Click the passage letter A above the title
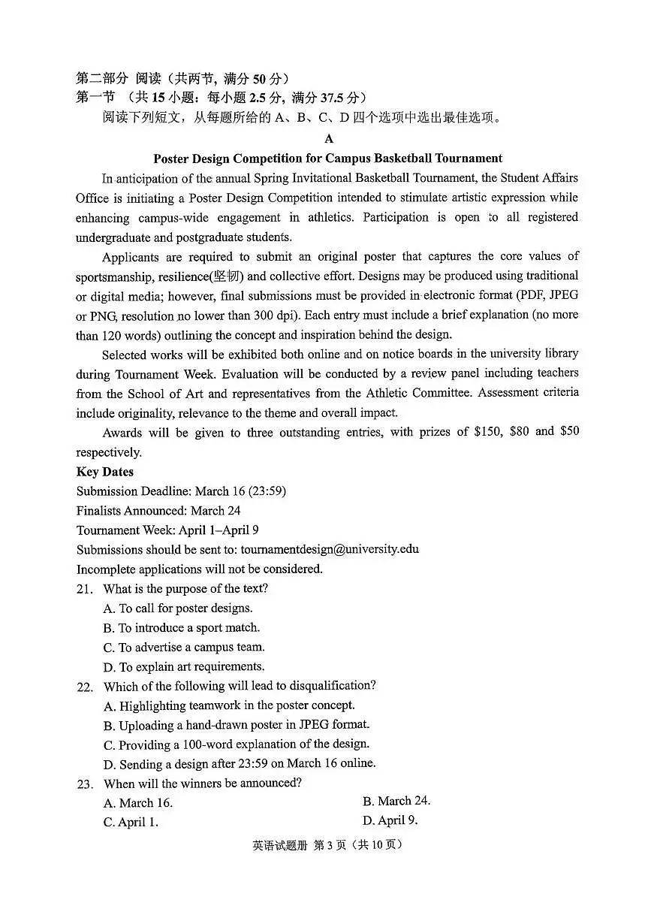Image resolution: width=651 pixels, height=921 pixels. [328, 139]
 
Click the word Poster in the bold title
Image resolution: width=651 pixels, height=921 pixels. [172, 159]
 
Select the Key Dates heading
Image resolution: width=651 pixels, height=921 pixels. [105, 472]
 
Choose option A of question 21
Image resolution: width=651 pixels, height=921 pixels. [178, 608]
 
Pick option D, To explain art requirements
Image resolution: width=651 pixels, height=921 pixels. [184, 667]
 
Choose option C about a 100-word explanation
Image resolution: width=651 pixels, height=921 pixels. [237, 745]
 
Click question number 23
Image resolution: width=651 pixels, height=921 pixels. [84, 784]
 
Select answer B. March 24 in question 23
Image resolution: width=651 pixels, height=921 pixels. [396, 802]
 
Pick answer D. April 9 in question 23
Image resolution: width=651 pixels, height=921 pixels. [390, 821]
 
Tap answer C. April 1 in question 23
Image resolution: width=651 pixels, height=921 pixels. [131, 823]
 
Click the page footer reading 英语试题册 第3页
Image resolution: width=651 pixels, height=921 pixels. [328, 845]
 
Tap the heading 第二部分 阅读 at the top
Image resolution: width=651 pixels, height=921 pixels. [113, 78]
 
